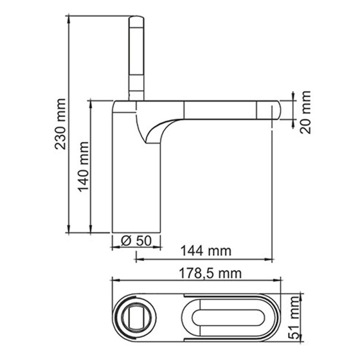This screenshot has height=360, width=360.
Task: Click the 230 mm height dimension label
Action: (x=61, y=124)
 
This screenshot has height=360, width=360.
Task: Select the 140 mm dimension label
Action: (x=84, y=167)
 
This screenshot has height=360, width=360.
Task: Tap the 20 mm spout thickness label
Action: (x=306, y=112)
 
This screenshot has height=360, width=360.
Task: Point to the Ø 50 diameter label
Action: (x=135, y=240)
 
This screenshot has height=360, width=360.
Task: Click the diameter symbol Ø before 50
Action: (x=126, y=241)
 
